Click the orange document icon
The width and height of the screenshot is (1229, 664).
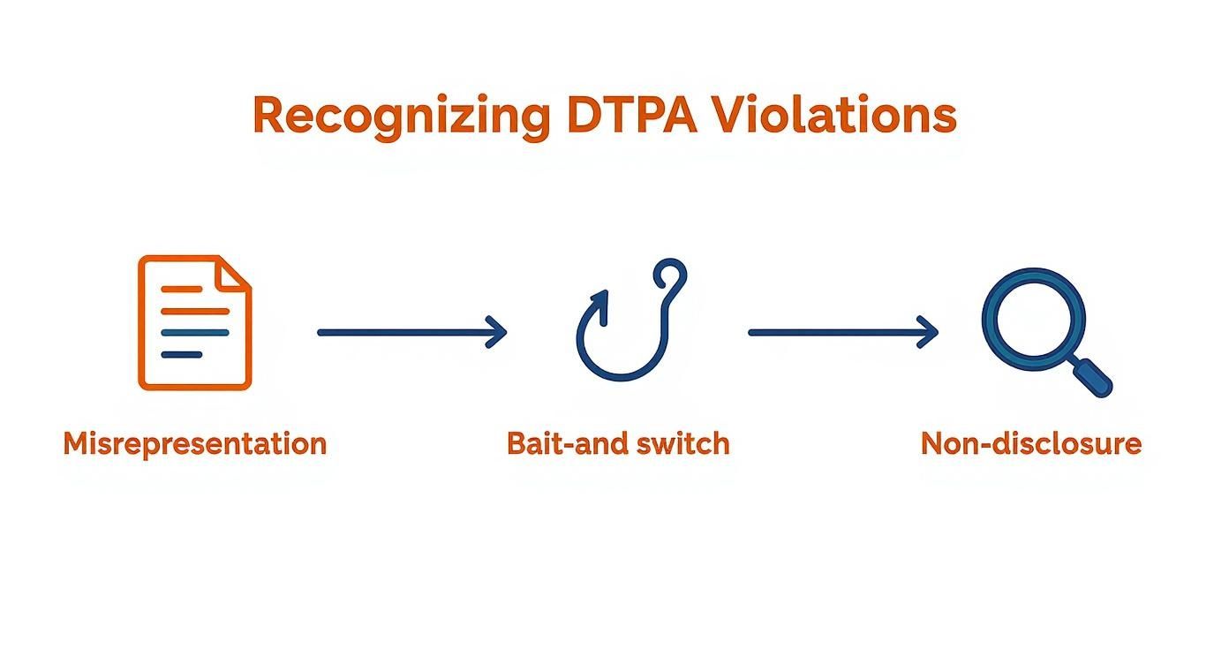(195, 323)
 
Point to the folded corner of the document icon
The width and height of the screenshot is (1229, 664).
(233, 272)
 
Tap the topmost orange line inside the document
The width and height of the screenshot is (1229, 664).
(182, 289)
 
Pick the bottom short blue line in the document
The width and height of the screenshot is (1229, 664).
(182, 355)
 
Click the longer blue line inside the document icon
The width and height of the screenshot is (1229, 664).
(195, 333)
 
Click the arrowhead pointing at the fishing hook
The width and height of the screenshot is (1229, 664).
(499, 333)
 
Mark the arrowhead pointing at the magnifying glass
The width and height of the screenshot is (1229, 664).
(930, 333)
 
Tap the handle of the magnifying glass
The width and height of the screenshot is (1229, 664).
(1092, 378)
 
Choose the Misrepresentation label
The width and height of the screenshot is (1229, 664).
(195, 443)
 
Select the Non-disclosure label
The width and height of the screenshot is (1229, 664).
(1031, 443)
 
